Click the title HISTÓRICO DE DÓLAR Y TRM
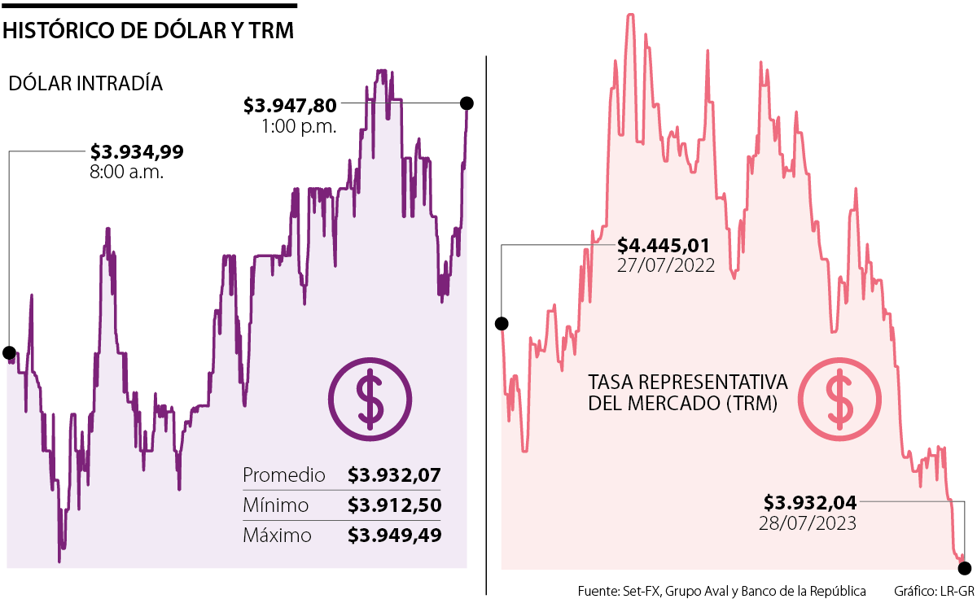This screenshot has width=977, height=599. click(148, 31)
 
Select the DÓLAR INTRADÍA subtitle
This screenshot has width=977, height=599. click(85, 83)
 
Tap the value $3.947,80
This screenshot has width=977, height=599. click(290, 106)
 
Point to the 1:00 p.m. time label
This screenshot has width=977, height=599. click(299, 126)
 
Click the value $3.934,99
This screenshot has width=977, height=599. click(137, 151)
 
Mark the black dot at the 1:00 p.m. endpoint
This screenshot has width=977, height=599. click(467, 103)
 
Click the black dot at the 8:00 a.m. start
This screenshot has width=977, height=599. click(9, 352)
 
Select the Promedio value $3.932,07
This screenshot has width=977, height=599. click(394, 475)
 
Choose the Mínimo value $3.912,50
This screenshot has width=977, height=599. click(394, 505)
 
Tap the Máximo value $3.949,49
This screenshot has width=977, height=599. click(394, 536)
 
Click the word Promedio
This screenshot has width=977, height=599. click(284, 475)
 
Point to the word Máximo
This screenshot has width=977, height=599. click(278, 536)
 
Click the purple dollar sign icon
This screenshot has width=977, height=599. click(370, 399)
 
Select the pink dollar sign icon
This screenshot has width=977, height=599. click(839, 399)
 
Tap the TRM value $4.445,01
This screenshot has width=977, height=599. click(664, 245)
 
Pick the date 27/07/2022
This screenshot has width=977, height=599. click(666, 265)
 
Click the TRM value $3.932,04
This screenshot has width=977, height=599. click(810, 502)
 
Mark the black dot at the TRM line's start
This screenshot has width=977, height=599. click(502, 324)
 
